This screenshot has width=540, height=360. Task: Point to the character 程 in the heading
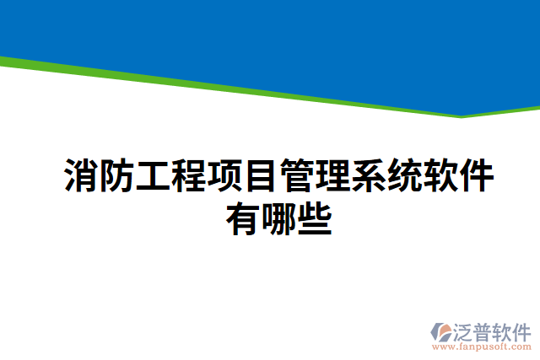coord(190,175)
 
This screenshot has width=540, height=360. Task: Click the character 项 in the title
coord(226,175)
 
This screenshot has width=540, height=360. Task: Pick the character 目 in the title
coord(262,175)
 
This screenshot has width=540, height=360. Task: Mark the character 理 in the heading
coord(333,175)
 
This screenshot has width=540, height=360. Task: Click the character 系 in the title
coord(370,175)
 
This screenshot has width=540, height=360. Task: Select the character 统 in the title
coord(406,175)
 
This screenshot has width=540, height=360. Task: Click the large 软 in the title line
coord(442,175)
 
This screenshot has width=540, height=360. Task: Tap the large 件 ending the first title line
coord(478,175)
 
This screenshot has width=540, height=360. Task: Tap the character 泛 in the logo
coord(465,330)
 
